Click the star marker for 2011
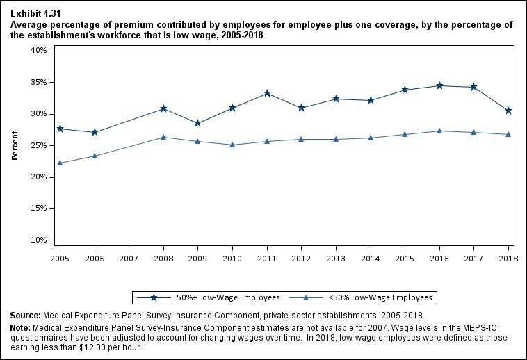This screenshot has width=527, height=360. pyautogui.click(x=267, y=93)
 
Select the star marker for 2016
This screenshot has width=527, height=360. pyautogui.click(x=439, y=85)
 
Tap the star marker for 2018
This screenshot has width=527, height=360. pyautogui.click(x=508, y=111)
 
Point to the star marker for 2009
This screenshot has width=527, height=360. pyautogui.click(x=198, y=123)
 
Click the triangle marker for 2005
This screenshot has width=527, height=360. pyautogui.click(x=60, y=163)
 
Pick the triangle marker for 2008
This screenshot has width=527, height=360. pyautogui.click(x=163, y=137)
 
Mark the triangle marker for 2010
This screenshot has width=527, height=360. pyautogui.click(x=232, y=145)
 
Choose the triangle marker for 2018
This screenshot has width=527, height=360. pyautogui.click(x=508, y=134)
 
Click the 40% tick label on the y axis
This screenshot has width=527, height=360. pyautogui.click(x=38, y=51)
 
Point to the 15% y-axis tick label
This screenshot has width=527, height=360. pyautogui.click(x=38, y=208)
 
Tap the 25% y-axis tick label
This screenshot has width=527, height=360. pyautogui.click(x=38, y=145)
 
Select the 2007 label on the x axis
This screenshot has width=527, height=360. pyautogui.click(x=129, y=258)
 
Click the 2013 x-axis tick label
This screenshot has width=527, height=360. pyautogui.click(x=336, y=258)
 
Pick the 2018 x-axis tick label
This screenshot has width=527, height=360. pyautogui.click(x=508, y=258)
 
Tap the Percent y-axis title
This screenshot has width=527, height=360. pyautogui.click(x=15, y=145)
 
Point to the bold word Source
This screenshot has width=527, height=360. pyautogui.click(x=25, y=315)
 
